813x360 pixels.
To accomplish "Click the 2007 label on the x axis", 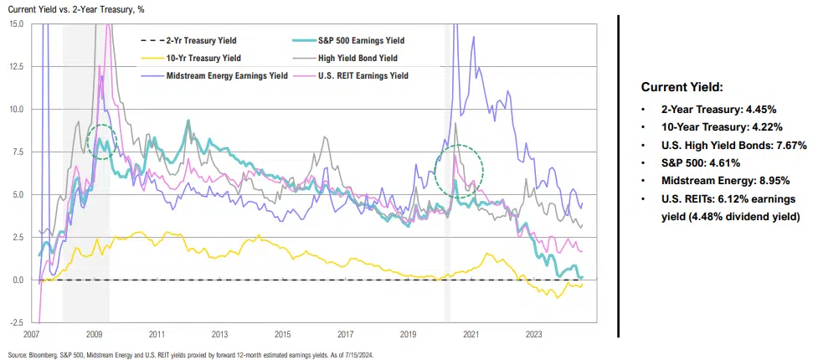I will [33, 334].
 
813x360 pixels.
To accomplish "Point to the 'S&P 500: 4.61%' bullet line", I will [700, 162].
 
